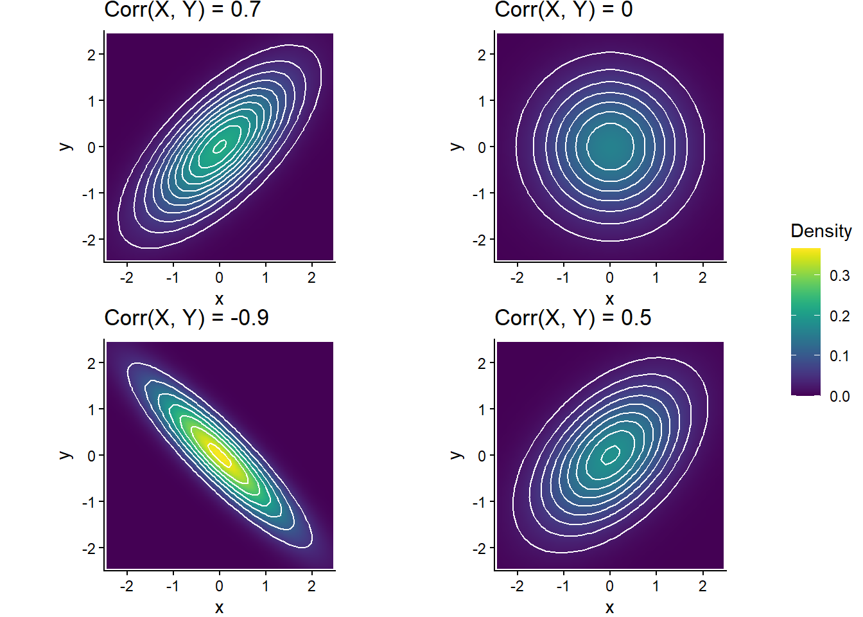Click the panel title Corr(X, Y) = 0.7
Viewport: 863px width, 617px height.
[x=182, y=10]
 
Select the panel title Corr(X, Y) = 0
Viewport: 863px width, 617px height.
[x=563, y=10]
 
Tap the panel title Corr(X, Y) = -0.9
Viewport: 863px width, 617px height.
[x=186, y=317]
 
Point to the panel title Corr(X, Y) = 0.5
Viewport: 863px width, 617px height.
[x=573, y=317]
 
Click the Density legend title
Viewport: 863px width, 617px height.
[x=821, y=231]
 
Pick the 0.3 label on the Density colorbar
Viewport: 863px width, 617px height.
[x=839, y=276]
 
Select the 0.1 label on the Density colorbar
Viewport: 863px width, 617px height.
[x=839, y=356]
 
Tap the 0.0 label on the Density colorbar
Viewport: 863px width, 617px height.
[x=839, y=397]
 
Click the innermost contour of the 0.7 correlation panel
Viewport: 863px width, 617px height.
[x=220, y=147]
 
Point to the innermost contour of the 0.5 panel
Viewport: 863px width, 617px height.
[x=610, y=454]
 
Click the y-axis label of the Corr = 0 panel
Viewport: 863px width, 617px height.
[x=457, y=147]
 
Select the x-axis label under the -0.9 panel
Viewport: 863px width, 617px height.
[x=220, y=607]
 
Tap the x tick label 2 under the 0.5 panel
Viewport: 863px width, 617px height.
[x=702, y=586]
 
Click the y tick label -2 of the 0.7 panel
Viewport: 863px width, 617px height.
[x=89, y=240]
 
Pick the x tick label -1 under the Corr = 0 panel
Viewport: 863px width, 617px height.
[x=562, y=278]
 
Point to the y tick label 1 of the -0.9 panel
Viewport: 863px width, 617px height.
[x=91, y=409]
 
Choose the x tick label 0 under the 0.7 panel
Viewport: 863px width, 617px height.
[x=220, y=278]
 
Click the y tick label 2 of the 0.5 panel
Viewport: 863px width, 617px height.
[x=482, y=363]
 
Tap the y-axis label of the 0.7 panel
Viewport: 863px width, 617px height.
[x=65, y=147]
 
